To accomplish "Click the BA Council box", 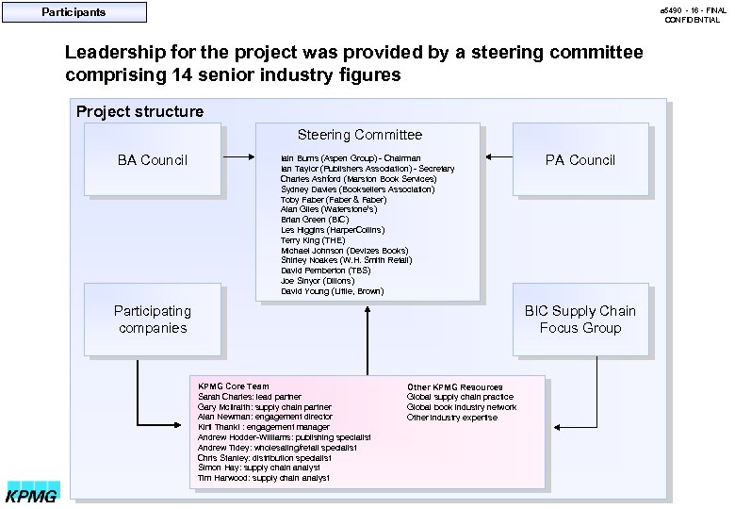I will tap(153, 159).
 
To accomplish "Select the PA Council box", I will tap(580, 159).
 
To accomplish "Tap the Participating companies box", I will tap(152, 320).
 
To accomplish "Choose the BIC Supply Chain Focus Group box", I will tap(580, 320).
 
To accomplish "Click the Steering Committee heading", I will tap(360, 136).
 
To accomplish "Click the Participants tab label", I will tap(73, 12).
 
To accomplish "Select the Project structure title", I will tap(139, 111).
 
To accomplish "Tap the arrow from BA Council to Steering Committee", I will tap(238, 157).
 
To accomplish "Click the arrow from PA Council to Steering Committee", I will tap(496, 157).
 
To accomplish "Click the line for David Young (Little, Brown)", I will tap(332, 291).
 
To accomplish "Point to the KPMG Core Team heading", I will tap(233, 386).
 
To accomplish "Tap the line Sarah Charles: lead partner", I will tap(250, 397).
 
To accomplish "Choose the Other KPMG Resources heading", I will tap(454, 387).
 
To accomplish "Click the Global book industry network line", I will tap(462, 407).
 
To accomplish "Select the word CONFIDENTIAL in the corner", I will tap(692, 20).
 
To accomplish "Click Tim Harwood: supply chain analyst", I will tap(264, 478).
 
